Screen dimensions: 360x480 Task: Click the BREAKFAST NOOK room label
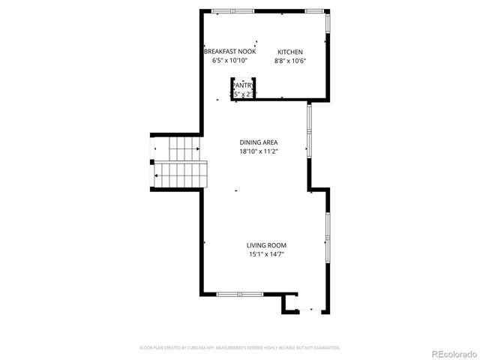(229, 51)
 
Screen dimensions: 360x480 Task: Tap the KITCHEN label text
(290, 51)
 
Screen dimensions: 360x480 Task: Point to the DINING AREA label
(259, 142)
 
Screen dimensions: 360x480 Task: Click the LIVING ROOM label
(266, 245)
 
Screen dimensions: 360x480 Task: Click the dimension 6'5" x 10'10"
(229, 61)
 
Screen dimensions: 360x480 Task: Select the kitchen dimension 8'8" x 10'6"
(290, 61)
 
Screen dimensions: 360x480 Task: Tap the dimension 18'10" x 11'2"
(259, 151)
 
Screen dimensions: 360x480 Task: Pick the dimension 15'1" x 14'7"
(266, 254)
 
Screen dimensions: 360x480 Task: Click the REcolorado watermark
(451, 352)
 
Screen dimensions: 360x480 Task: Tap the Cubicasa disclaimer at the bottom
(240, 348)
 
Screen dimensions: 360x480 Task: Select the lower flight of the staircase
(181, 177)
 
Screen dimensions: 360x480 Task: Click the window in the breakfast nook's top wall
(222, 10)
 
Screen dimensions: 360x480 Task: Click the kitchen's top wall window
(315, 10)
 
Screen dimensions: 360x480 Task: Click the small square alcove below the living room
(290, 304)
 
